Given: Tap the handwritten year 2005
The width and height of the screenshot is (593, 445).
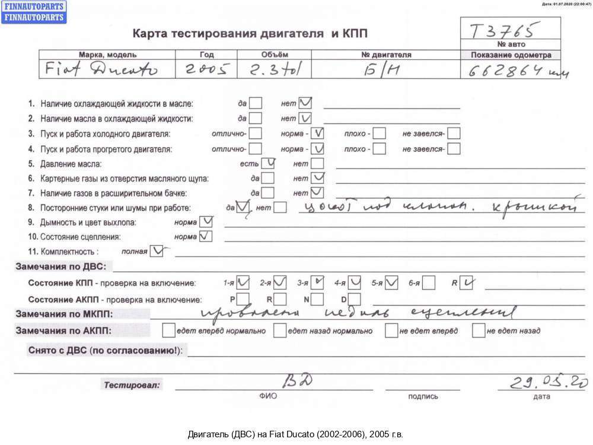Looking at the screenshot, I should point(206,70).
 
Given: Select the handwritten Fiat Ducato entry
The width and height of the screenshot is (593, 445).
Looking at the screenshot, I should point(101,70).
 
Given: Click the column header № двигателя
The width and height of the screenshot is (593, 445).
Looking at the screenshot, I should point(386,55).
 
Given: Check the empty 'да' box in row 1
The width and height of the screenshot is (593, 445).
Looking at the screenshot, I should point(255,103).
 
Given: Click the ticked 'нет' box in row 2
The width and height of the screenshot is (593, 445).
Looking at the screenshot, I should point(305,118).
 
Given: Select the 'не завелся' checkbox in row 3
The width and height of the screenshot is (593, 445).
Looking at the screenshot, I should point(454,133).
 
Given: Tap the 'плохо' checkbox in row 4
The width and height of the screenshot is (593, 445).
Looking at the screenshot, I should point(379,148).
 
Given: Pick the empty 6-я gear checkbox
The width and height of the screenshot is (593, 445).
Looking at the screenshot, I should point(429,282).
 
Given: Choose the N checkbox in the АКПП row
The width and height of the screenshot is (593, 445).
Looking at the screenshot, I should point(318,299).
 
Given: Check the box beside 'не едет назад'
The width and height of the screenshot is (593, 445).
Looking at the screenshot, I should point(479,330).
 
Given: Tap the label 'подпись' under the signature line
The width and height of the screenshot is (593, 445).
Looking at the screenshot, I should point(423,396).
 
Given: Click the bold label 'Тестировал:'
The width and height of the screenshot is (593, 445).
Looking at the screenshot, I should point(132,385).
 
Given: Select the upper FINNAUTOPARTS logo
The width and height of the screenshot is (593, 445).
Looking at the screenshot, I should point(34,7).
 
